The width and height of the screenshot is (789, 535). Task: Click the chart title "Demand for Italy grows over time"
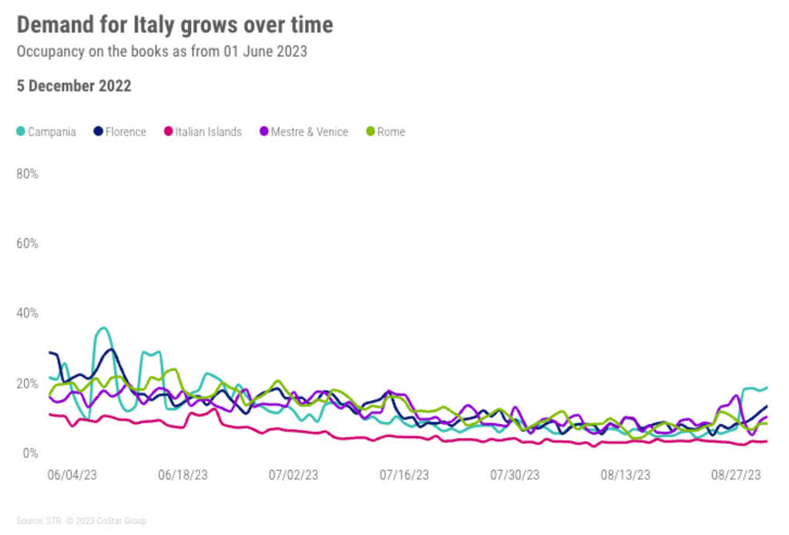pyautogui.click(x=175, y=25)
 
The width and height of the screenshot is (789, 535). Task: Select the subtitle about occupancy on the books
pyautogui.click(x=162, y=52)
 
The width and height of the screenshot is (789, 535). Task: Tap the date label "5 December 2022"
pyautogui.click(x=74, y=86)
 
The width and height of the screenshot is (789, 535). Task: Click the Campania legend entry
pyautogui.click(x=46, y=132)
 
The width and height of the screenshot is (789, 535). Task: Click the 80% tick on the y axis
pyautogui.click(x=28, y=174)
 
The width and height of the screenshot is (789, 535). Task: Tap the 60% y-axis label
pyautogui.click(x=28, y=244)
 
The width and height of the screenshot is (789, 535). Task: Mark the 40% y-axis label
pyautogui.click(x=28, y=314)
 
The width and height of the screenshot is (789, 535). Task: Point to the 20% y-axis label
pyautogui.click(x=28, y=383)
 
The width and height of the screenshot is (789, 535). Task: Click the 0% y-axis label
pyautogui.click(x=31, y=453)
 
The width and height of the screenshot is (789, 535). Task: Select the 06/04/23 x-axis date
pyautogui.click(x=72, y=475)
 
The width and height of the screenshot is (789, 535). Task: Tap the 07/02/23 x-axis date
pyautogui.click(x=294, y=475)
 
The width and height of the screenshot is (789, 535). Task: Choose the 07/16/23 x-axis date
pyautogui.click(x=405, y=475)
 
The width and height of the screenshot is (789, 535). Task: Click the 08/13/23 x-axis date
pyautogui.click(x=626, y=475)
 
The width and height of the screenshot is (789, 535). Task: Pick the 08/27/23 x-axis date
pyautogui.click(x=737, y=475)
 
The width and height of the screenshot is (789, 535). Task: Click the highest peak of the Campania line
pyautogui.click(x=103, y=328)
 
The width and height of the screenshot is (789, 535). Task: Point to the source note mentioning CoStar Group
pyautogui.click(x=81, y=521)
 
